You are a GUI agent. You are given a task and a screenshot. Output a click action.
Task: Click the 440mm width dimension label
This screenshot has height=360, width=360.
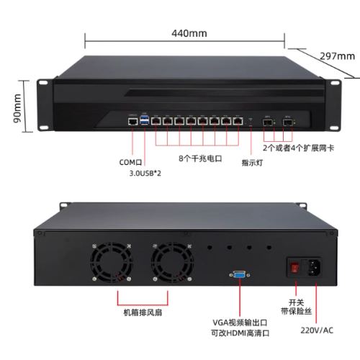[189, 33]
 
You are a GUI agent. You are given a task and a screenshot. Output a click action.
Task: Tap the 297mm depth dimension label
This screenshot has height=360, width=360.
[338, 56]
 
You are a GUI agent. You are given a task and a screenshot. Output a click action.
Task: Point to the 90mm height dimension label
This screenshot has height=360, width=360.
[17, 108]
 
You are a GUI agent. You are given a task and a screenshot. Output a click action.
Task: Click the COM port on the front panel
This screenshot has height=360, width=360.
[133, 122]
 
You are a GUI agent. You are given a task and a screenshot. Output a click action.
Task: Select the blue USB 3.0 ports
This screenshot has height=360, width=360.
[144, 120]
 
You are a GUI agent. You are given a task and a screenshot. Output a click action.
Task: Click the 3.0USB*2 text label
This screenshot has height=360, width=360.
[145, 173]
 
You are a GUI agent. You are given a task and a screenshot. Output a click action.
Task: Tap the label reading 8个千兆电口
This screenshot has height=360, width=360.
[200, 158]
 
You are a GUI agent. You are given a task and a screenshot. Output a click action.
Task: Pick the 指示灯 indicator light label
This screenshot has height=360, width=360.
[252, 163]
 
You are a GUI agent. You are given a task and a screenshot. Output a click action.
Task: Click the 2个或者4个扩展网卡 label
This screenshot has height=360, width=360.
[298, 148]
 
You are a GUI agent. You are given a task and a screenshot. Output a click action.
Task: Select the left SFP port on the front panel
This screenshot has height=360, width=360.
[267, 122]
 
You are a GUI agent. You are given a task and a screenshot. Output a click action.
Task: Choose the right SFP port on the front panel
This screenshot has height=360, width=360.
[287, 122]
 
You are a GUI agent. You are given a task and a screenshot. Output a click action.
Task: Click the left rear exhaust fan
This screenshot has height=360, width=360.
[112, 262]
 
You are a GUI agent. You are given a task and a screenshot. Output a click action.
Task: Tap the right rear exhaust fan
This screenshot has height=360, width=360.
[172, 262]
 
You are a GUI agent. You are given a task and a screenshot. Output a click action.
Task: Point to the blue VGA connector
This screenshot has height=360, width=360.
[240, 274]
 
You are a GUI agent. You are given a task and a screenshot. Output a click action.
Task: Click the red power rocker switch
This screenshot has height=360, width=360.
[294, 268]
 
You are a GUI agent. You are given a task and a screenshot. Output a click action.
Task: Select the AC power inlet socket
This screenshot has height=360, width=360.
[315, 267]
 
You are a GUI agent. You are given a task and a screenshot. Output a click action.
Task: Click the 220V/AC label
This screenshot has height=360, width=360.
[317, 330]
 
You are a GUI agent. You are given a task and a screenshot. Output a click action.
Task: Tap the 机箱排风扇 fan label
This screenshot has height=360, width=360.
[143, 312]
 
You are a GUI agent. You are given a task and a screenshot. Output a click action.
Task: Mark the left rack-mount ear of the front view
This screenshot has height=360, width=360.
[45, 104]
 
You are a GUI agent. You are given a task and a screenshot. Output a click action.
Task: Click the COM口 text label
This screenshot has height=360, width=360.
[130, 163]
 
